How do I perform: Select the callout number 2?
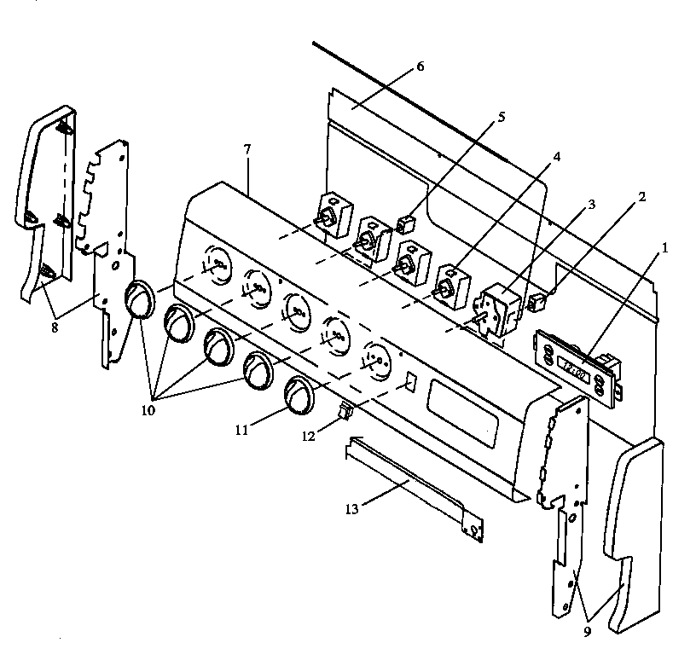(x=641, y=196)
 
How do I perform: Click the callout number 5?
(x=501, y=117)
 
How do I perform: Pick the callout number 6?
(x=419, y=67)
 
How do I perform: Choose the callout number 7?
(x=246, y=149)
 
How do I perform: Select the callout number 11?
(x=242, y=431)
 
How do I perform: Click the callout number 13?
(x=352, y=509)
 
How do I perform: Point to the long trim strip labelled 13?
(x=414, y=486)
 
